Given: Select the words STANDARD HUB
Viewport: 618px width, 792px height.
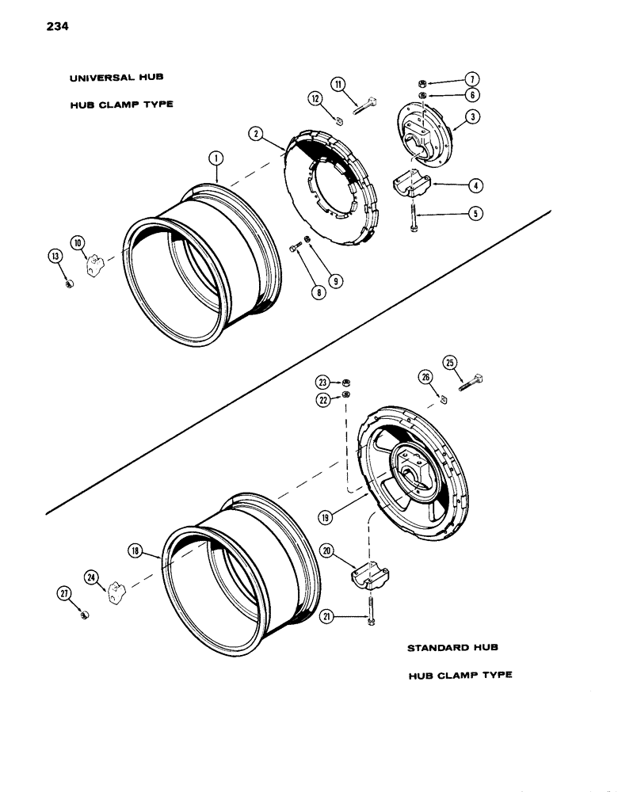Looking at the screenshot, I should click(x=452, y=648).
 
